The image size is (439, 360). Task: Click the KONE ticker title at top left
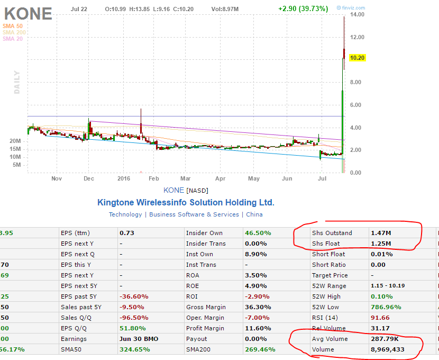28,13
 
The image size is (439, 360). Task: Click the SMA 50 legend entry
12,26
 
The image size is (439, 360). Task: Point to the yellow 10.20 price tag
373,58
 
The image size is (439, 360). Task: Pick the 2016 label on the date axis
124,179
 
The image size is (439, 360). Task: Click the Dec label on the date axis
89,179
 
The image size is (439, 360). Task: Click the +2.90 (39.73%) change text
303,9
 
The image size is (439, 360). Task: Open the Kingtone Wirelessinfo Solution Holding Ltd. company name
186,203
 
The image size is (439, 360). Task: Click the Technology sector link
125,214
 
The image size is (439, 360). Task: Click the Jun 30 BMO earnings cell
139,339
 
